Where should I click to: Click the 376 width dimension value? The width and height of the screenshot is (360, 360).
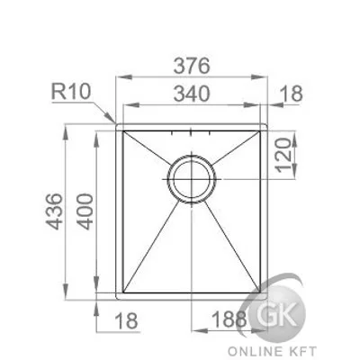point(192,66)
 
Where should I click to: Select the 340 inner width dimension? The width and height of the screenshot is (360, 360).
point(192,94)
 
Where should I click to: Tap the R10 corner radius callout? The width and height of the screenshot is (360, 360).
point(71,91)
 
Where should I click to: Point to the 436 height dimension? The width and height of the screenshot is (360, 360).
point(55,211)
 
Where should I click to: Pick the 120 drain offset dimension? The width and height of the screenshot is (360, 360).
point(283,155)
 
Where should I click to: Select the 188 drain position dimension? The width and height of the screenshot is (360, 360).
point(229,319)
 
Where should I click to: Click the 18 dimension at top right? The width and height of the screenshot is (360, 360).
point(292,94)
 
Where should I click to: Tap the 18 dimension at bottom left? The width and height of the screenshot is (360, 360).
point(126,320)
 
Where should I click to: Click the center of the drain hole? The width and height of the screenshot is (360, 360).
point(192,179)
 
